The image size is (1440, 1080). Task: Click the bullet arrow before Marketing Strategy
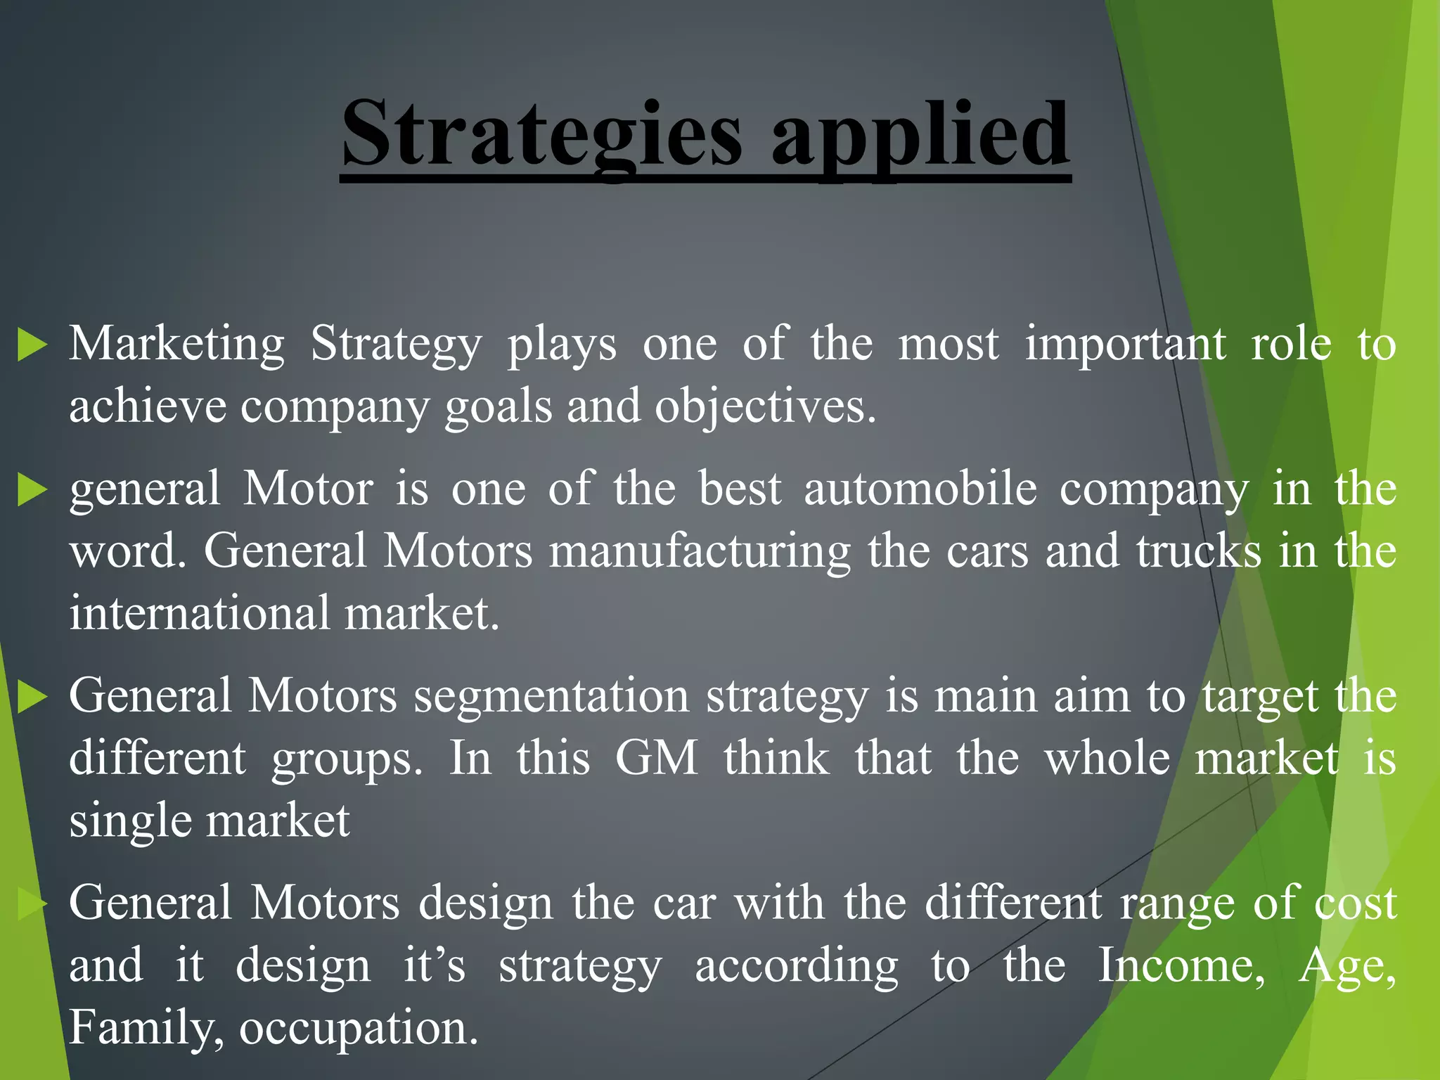[32, 345]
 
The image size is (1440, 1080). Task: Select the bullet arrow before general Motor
[32, 489]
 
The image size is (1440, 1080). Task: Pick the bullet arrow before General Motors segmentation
[32, 697]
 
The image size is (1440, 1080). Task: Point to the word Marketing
[176, 345]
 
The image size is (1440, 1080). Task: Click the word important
[1125, 345]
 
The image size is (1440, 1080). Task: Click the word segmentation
[551, 697]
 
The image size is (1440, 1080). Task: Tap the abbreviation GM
[656, 759]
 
